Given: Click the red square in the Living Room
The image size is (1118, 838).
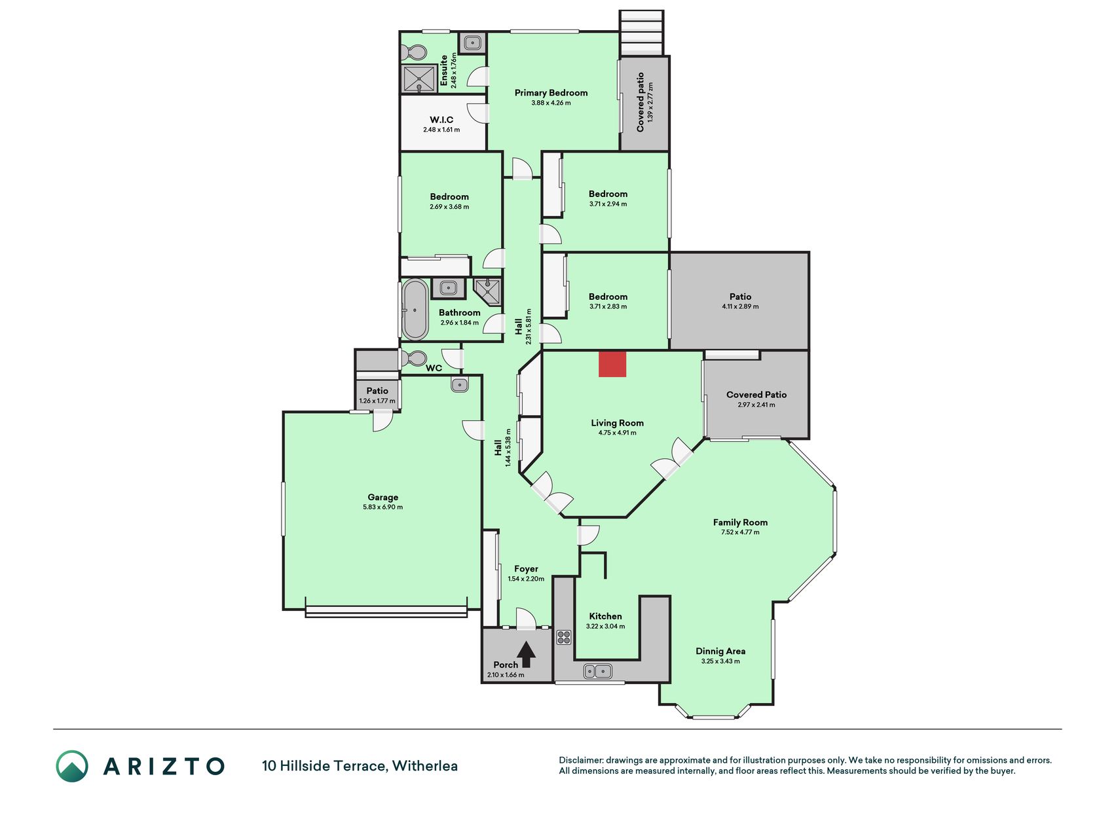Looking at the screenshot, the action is point(612,364).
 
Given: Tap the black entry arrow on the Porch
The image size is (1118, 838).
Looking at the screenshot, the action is point(526,654).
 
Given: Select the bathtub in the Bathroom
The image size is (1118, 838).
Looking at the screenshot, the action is point(415,310).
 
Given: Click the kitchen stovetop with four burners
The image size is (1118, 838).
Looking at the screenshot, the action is point(563,637).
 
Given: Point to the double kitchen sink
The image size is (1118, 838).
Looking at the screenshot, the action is point(597,671).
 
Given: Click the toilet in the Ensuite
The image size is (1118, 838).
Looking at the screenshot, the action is point(413,52).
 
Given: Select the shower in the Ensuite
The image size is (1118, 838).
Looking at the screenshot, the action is point(419,79).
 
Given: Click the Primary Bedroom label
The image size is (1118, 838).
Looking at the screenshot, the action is point(551,93).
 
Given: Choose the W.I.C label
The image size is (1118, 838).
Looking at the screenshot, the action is point(441,120).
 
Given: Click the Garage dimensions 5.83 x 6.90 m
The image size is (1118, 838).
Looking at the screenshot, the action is point(382,507).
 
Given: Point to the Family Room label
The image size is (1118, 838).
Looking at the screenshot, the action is point(740,522).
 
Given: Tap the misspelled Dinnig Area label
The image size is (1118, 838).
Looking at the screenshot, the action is point(720,651).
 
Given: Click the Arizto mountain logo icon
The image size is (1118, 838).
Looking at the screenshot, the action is point(72,766).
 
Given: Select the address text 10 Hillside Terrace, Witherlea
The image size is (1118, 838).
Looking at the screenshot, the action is point(360,766).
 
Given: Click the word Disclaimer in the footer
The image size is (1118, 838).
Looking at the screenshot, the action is point(580,760).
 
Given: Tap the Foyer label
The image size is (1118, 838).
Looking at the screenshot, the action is point(526,569).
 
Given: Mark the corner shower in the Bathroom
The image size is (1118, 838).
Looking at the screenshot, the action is point(487,291).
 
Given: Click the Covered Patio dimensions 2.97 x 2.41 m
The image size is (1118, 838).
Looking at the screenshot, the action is point(756,405).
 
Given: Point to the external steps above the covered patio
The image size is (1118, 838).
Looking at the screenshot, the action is point(642,33).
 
